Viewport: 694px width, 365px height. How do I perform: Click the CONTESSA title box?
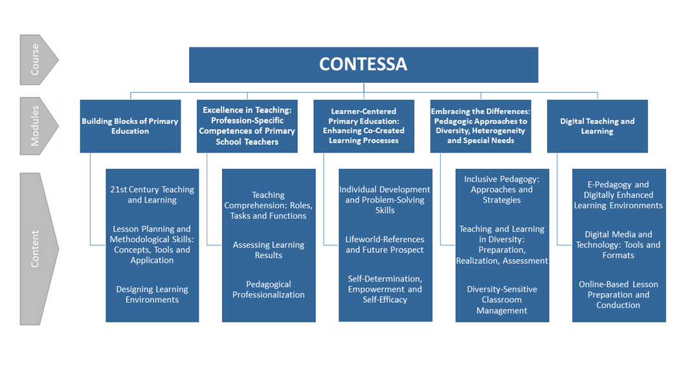click(x=363, y=65)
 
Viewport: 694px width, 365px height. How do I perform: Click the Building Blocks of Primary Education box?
click(x=130, y=126)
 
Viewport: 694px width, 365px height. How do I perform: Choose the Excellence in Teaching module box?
click(x=247, y=126)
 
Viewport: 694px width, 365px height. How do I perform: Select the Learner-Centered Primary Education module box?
click(x=363, y=126)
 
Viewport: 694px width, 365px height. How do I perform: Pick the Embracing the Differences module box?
click(x=480, y=126)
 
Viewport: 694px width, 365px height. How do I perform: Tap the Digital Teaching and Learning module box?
click(x=597, y=126)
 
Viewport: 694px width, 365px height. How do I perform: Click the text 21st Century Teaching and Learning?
click(x=152, y=195)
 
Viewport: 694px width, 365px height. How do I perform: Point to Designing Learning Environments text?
click(x=152, y=294)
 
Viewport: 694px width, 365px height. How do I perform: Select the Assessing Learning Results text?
click(x=269, y=250)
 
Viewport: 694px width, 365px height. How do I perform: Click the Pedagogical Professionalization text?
click(x=269, y=289)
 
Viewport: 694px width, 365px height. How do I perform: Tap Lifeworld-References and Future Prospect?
click(x=385, y=245)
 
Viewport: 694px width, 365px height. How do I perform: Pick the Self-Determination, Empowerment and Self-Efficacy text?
click(x=385, y=289)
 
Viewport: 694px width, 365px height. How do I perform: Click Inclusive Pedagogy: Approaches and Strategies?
click(x=502, y=190)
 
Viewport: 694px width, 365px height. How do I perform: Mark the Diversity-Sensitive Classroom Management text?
click(x=502, y=300)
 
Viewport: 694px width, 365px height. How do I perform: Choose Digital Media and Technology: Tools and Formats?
click(x=618, y=245)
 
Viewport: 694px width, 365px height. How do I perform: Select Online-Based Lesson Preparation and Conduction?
click(x=618, y=294)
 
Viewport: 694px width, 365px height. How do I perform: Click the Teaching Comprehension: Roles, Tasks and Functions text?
click(x=269, y=205)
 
